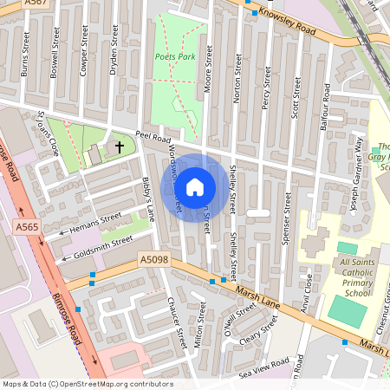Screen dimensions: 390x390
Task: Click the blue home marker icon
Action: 195,186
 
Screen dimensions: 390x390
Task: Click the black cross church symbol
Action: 119,147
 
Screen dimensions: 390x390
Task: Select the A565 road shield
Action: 26,225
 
